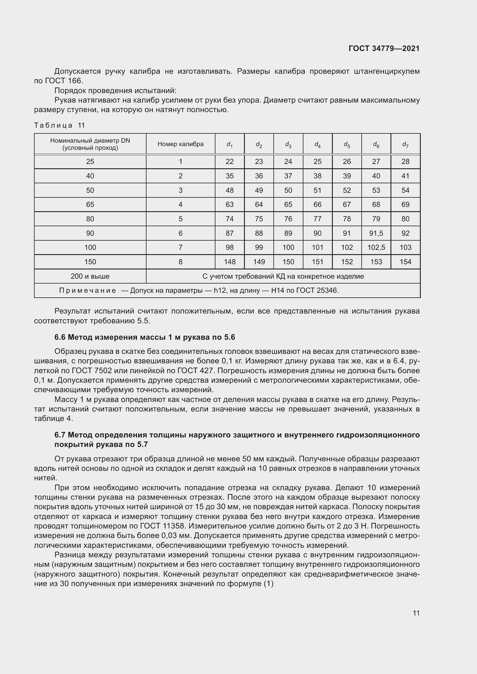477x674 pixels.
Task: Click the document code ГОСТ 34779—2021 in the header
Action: click(x=384, y=48)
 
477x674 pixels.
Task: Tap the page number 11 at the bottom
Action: click(x=416, y=613)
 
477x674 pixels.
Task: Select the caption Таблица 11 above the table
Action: click(x=59, y=125)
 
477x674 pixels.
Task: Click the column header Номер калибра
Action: click(x=180, y=144)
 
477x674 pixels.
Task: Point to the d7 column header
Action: click(x=405, y=144)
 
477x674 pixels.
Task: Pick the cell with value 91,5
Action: click(x=376, y=233)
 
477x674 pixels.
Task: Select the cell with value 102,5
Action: click(x=376, y=248)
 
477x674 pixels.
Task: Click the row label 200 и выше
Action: click(x=90, y=276)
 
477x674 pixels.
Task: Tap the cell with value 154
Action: click(x=405, y=262)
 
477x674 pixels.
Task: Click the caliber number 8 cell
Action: click(x=180, y=262)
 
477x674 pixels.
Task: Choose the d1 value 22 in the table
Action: click(x=229, y=161)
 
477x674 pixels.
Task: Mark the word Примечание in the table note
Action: click(x=88, y=291)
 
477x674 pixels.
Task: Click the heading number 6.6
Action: click(x=60, y=337)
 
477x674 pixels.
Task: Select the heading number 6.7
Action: click(x=60, y=435)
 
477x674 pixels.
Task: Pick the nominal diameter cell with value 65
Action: click(x=90, y=204)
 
